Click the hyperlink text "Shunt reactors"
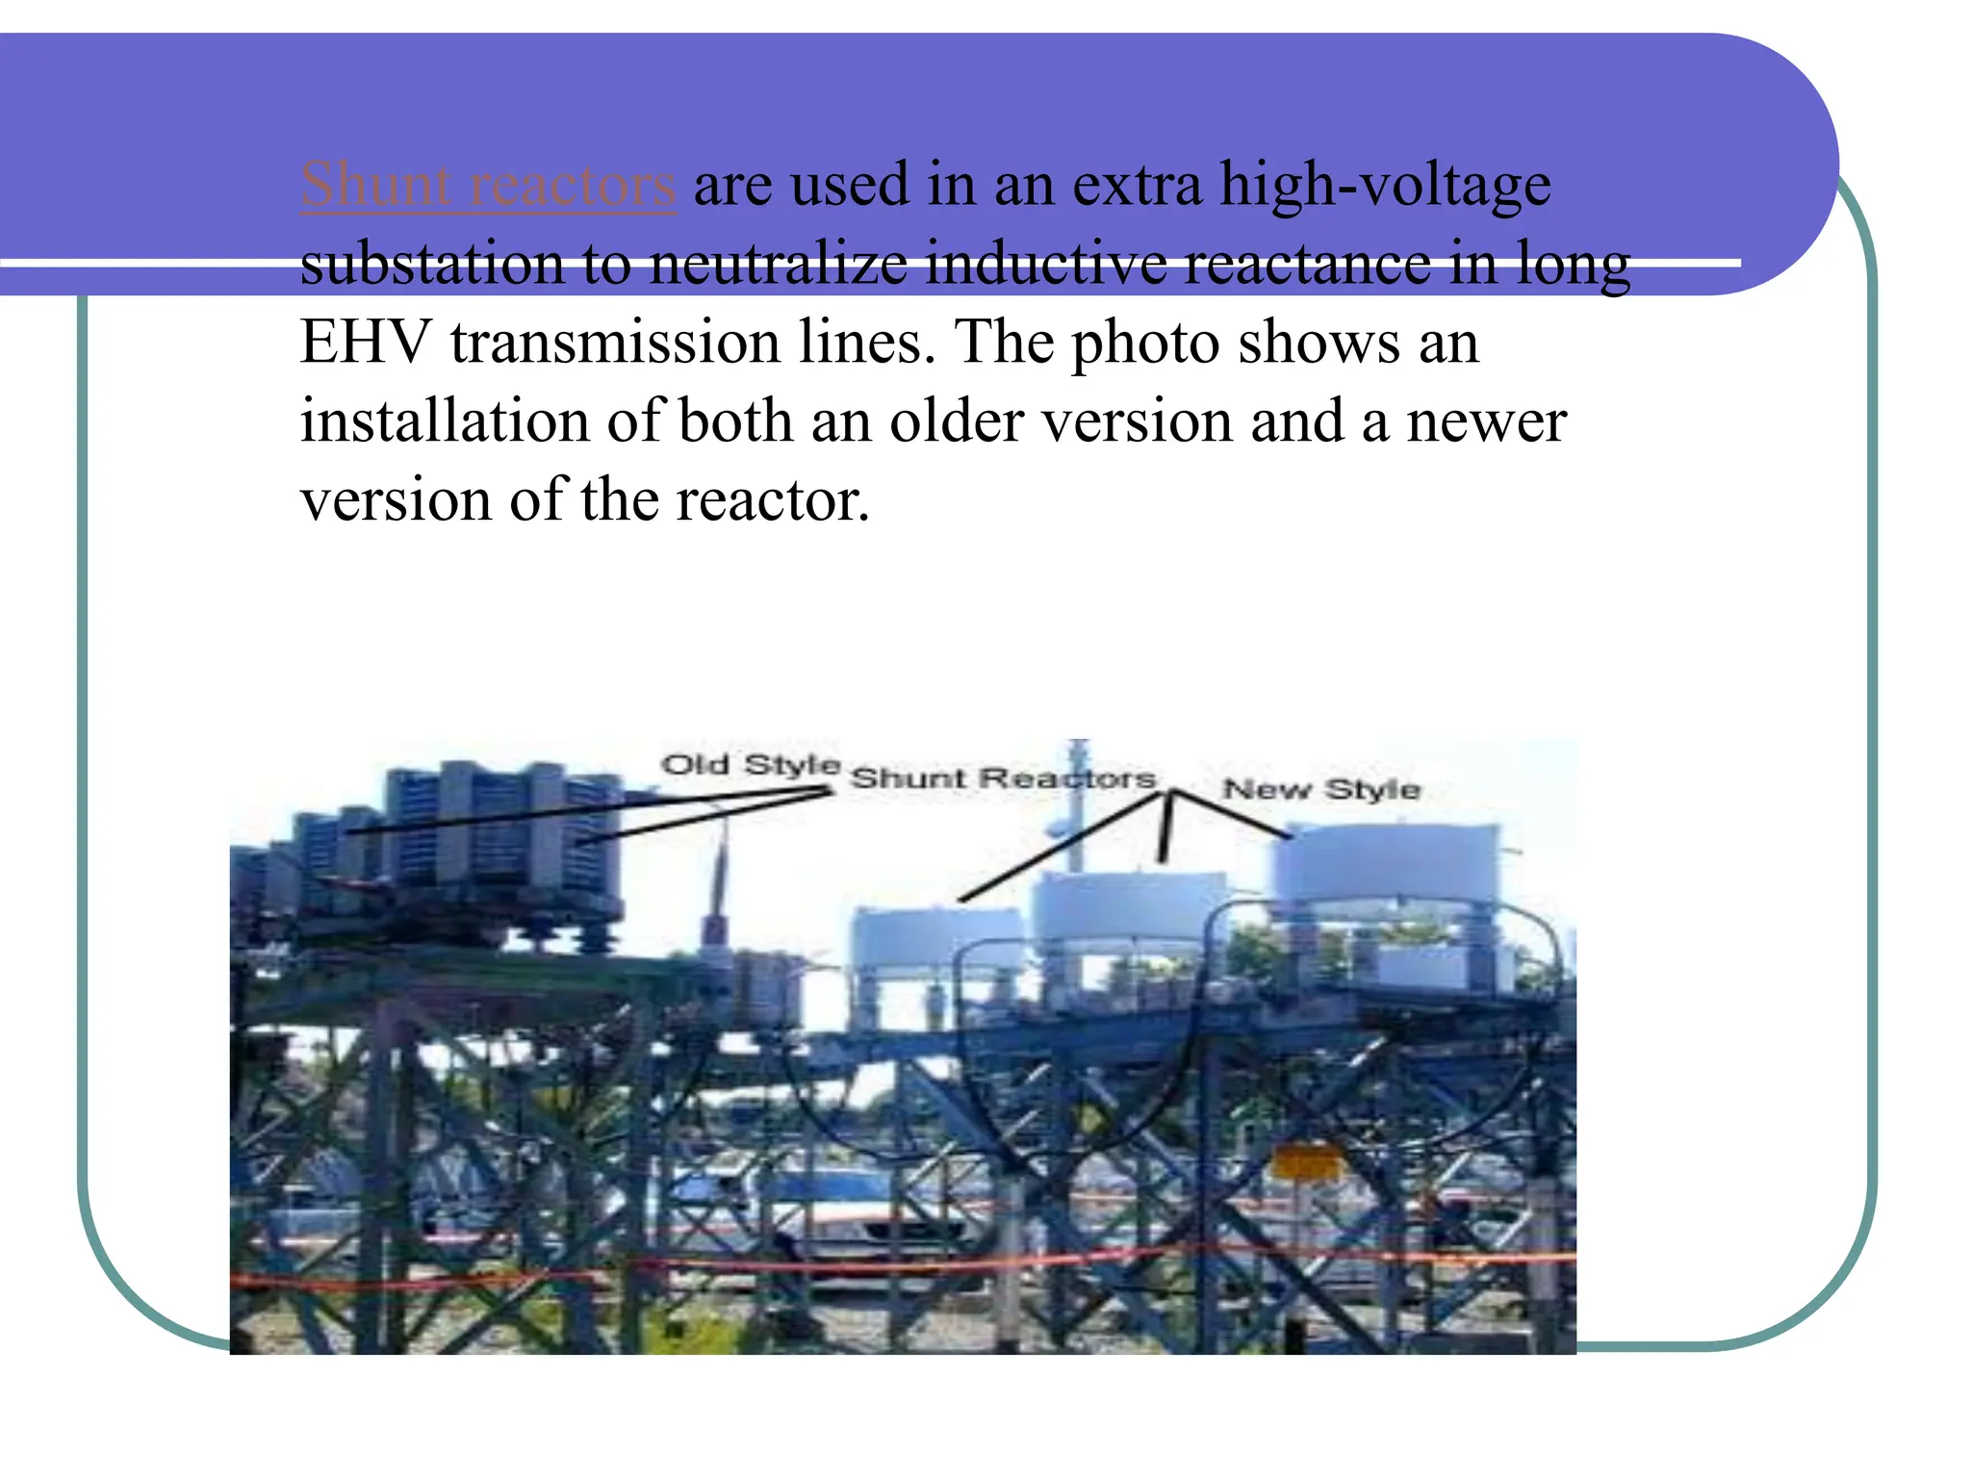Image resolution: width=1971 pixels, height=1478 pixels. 488,184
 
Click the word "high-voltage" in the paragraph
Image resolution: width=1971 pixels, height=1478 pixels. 1385,184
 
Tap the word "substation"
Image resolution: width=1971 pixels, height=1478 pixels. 432,263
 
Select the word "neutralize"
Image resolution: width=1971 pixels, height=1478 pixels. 778,263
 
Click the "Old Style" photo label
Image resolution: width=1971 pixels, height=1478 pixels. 751,765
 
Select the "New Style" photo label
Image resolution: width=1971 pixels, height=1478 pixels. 1321,789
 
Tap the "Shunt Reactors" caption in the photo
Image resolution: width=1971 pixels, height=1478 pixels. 1003,777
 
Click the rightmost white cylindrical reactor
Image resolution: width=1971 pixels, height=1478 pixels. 1386,866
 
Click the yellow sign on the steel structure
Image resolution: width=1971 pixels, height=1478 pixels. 1306,1161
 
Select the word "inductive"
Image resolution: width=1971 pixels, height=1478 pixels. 1045,263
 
